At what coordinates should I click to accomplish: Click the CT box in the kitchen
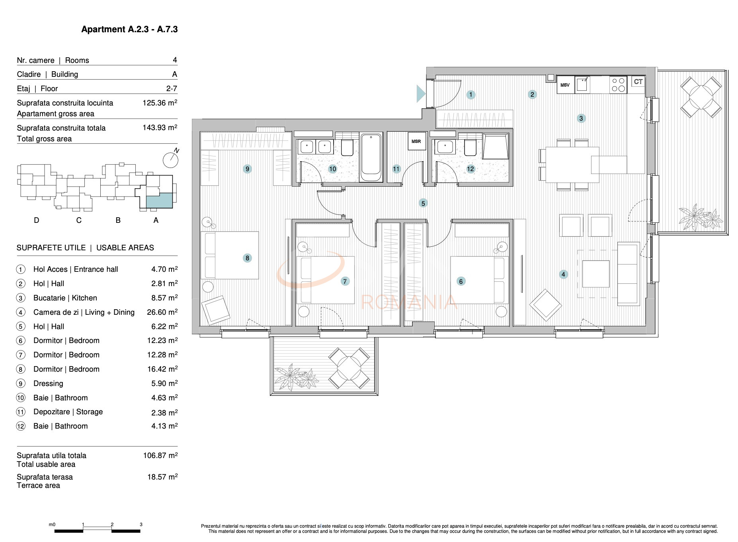638,82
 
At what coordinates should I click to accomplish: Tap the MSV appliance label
565,85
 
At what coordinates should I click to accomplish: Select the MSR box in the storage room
416,141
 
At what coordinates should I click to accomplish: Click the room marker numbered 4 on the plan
563,274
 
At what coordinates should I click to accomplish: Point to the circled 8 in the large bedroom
247,258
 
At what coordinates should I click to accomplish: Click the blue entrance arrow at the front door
421,94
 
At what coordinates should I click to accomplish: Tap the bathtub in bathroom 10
371,158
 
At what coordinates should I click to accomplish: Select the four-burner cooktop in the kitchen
618,85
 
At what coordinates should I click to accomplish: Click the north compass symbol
171,159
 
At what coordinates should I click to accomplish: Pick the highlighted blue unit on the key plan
159,200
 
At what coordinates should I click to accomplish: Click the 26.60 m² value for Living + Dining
162,312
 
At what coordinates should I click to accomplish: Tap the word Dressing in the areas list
48,384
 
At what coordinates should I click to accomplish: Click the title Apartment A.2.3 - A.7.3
129,29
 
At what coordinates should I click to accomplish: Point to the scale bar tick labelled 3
141,525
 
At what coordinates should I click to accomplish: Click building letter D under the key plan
37,220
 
